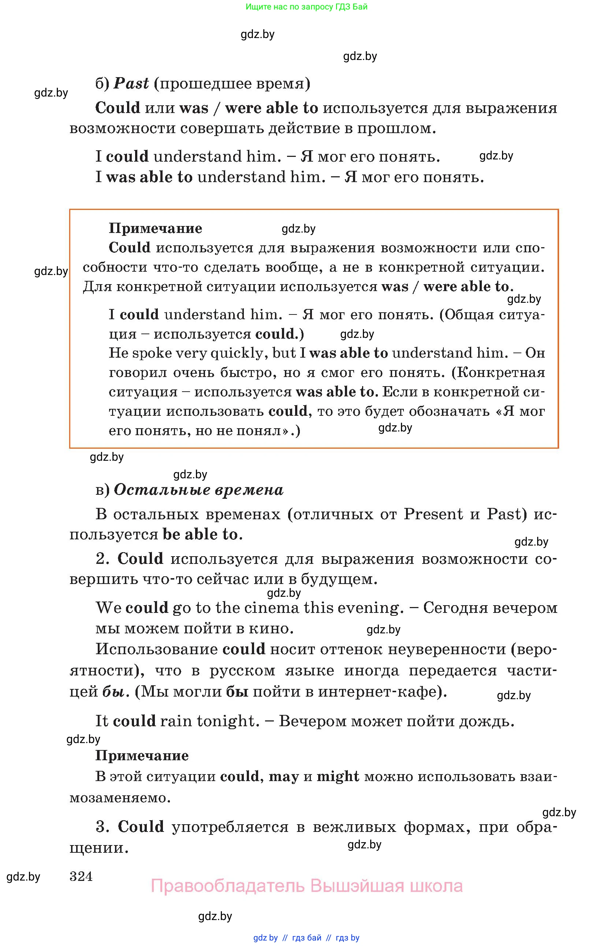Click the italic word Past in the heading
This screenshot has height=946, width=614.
point(131,84)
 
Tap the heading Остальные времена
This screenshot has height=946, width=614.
point(198,490)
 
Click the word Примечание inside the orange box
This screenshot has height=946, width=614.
point(155,228)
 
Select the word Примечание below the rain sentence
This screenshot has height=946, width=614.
point(142,755)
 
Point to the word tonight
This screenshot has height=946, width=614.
point(228,721)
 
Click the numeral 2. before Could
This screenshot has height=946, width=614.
point(102,559)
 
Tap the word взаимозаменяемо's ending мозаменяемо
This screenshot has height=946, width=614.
point(120,797)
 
